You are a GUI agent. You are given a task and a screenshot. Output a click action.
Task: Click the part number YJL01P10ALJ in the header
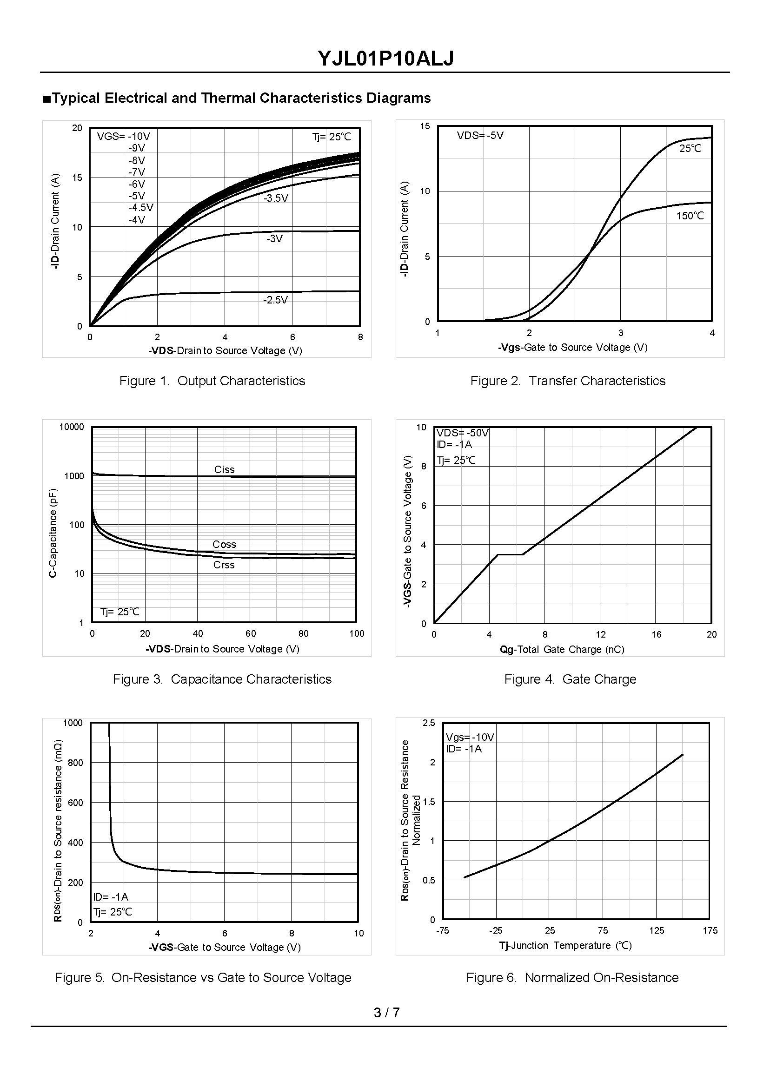tap(385, 59)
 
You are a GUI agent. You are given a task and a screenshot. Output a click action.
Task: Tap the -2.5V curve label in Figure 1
tap(275, 300)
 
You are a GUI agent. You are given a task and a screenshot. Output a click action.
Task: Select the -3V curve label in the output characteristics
tap(274, 239)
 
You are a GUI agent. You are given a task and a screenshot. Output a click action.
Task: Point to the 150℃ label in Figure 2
tap(690, 216)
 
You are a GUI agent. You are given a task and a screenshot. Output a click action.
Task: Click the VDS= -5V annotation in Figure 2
tap(480, 136)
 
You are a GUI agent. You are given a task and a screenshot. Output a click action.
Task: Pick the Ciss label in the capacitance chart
tap(224, 469)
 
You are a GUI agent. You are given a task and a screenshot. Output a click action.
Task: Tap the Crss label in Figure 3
tap(224, 565)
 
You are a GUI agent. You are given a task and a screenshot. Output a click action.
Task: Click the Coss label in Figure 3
tap(224, 545)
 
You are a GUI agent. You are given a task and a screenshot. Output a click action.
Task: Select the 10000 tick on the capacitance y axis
tap(72, 427)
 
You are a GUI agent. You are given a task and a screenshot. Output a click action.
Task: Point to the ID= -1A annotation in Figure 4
tap(454, 444)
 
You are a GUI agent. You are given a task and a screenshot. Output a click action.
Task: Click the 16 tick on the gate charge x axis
tap(656, 635)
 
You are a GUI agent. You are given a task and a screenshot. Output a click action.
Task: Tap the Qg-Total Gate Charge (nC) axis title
tap(562, 650)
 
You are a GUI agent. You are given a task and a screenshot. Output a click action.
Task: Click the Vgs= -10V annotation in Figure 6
tap(470, 738)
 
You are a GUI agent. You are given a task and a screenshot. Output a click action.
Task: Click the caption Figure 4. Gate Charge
tap(570, 679)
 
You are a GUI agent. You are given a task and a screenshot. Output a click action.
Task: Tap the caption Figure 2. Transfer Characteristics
tap(568, 381)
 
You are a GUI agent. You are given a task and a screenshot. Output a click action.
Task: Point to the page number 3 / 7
tap(386, 1013)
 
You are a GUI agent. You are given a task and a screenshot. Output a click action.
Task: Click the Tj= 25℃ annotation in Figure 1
tap(332, 137)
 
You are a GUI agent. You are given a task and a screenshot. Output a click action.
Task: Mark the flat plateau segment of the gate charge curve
tap(510, 554)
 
